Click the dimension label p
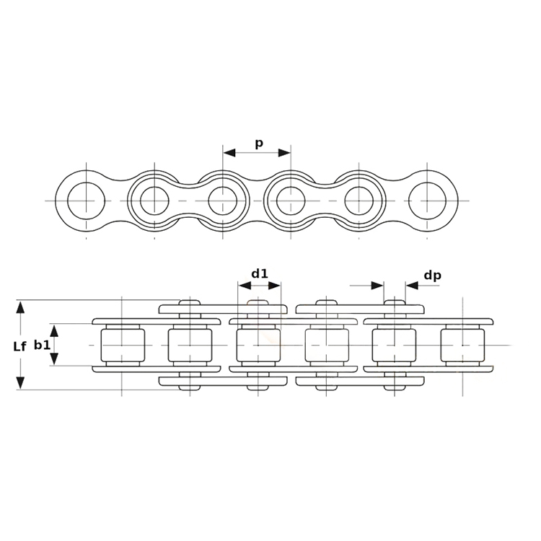click(x=259, y=144)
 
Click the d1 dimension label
click(x=260, y=273)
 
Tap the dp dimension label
click(x=432, y=276)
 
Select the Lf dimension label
click(x=19, y=347)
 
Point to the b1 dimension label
click(x=42, y=345)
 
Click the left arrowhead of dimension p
click(x=229, y=152)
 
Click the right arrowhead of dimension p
click(x=284, y=152)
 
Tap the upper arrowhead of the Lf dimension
click(x=21, y=307)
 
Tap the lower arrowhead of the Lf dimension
click(x=21, y=383)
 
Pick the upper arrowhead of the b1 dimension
click(x=54, y=330)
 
